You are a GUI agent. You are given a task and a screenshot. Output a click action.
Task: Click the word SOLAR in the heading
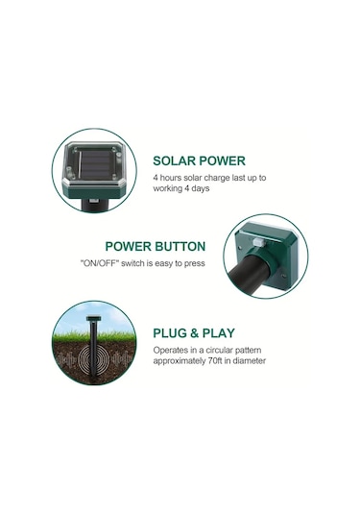(175, 161)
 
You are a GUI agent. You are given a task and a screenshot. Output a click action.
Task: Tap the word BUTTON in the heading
(180, 247)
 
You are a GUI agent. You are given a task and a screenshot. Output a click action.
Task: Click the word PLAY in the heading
(219, 333)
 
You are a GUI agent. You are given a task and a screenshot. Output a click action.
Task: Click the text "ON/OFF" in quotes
(99, 263)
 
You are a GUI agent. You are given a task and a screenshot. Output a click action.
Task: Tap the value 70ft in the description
(215, 361)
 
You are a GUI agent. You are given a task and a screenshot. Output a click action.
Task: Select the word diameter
(250, 361)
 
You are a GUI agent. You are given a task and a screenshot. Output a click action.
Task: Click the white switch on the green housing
(258, 243)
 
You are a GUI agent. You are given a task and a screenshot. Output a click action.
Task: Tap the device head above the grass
(94, 318)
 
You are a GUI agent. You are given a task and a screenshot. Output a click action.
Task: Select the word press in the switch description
(195, 264)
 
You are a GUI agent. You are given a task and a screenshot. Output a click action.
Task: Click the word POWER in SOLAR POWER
(223, 161)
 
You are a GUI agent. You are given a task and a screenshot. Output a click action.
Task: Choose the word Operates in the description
(167, 350)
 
